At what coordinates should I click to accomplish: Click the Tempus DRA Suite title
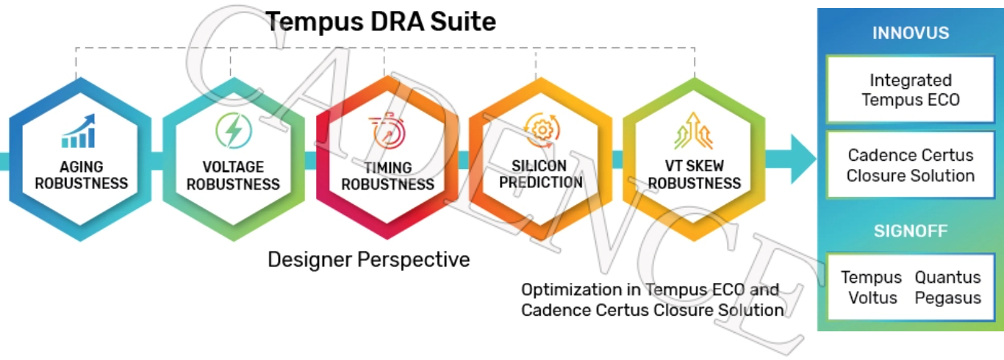381,21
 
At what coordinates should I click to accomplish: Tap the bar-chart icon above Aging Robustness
79,131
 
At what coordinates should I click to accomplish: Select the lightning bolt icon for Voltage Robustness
234,131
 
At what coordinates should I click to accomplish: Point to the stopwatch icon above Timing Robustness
387,131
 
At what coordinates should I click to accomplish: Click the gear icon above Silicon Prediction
542,130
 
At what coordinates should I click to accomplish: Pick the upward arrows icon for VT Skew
694,130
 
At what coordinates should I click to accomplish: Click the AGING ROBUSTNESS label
81,175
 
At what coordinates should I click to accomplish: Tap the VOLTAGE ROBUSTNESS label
233,176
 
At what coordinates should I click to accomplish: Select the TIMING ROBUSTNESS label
387,176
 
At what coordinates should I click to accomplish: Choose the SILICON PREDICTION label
540,174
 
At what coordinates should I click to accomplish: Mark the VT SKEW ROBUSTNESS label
695,175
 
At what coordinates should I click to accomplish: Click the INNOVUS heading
911,33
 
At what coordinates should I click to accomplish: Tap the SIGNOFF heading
911,231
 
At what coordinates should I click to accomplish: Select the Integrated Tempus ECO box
911,89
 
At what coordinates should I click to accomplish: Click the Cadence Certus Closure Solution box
911,165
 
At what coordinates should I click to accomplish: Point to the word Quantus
947,277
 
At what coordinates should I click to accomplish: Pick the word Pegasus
947,298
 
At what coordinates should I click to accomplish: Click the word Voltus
872,298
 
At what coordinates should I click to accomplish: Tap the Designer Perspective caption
368,259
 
